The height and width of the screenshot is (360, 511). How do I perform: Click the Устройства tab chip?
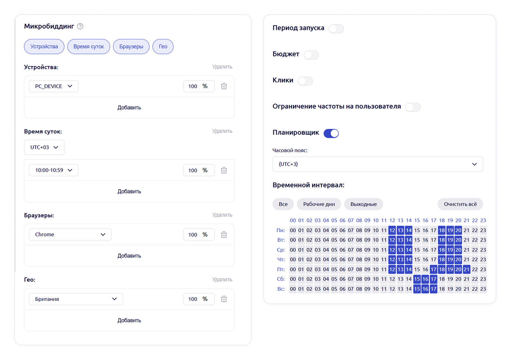[44, 47]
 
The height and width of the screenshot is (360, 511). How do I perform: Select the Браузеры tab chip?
[131, 47]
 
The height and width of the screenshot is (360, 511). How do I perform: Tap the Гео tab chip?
[163, 47]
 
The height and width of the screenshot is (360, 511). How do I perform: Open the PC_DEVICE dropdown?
[54, 86]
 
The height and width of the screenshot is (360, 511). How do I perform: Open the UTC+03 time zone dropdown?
[44, 147]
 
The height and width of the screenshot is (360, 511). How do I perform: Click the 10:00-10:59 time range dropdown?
[54, 170]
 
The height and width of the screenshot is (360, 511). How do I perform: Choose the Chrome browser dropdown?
[70, 234]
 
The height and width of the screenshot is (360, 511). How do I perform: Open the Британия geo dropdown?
[76, 299]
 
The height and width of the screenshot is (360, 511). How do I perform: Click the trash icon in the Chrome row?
[224, 235]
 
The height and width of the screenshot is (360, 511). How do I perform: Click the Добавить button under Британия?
[129, 320]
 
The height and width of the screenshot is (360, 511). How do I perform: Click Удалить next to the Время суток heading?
[222, 131]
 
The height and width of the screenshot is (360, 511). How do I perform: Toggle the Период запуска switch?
[336, 29]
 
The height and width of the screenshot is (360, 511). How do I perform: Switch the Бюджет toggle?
[311, 55]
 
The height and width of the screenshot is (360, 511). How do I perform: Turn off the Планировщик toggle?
[331, 133]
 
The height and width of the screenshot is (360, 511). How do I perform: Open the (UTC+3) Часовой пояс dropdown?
[378, 164]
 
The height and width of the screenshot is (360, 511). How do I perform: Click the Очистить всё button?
[460, 204]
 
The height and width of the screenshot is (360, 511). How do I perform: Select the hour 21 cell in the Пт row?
[467, 269]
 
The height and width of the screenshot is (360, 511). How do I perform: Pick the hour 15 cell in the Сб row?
[417, 279]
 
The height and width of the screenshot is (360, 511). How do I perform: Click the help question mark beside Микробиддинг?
[80, 26]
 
